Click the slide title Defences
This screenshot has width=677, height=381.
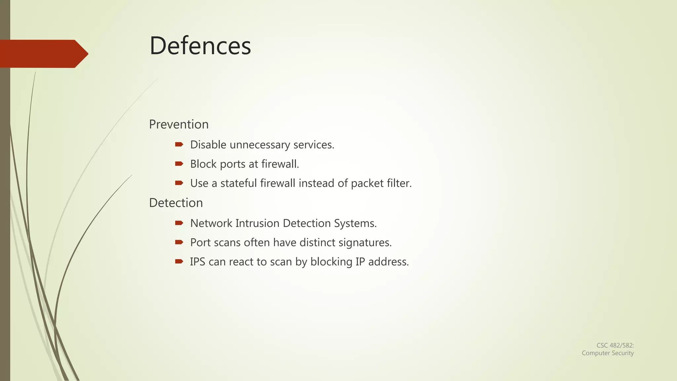point(200,46)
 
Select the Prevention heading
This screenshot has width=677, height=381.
point(179,124)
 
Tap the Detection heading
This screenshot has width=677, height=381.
point(176,203)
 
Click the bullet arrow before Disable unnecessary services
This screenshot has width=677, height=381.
point(179,144)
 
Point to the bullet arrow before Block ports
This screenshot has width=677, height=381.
point(179,163)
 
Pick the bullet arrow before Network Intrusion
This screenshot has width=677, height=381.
point(179,223)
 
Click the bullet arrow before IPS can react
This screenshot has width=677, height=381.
point(179,261)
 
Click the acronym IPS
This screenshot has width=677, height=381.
point(197,262)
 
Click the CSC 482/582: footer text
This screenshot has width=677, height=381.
point(615,345)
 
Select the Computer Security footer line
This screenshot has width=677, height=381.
point(608,353)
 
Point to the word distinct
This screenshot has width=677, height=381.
point(317,242)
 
